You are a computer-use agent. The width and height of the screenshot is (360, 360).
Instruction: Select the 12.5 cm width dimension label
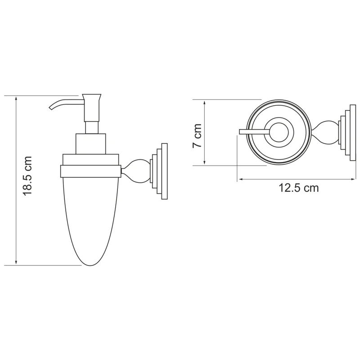pos(298,188)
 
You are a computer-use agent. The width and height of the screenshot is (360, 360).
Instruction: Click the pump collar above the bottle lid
pos(90,144)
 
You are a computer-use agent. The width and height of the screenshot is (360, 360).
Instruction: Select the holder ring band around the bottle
pos(90,171)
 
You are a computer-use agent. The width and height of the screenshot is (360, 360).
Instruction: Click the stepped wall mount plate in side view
pos(160,171)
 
